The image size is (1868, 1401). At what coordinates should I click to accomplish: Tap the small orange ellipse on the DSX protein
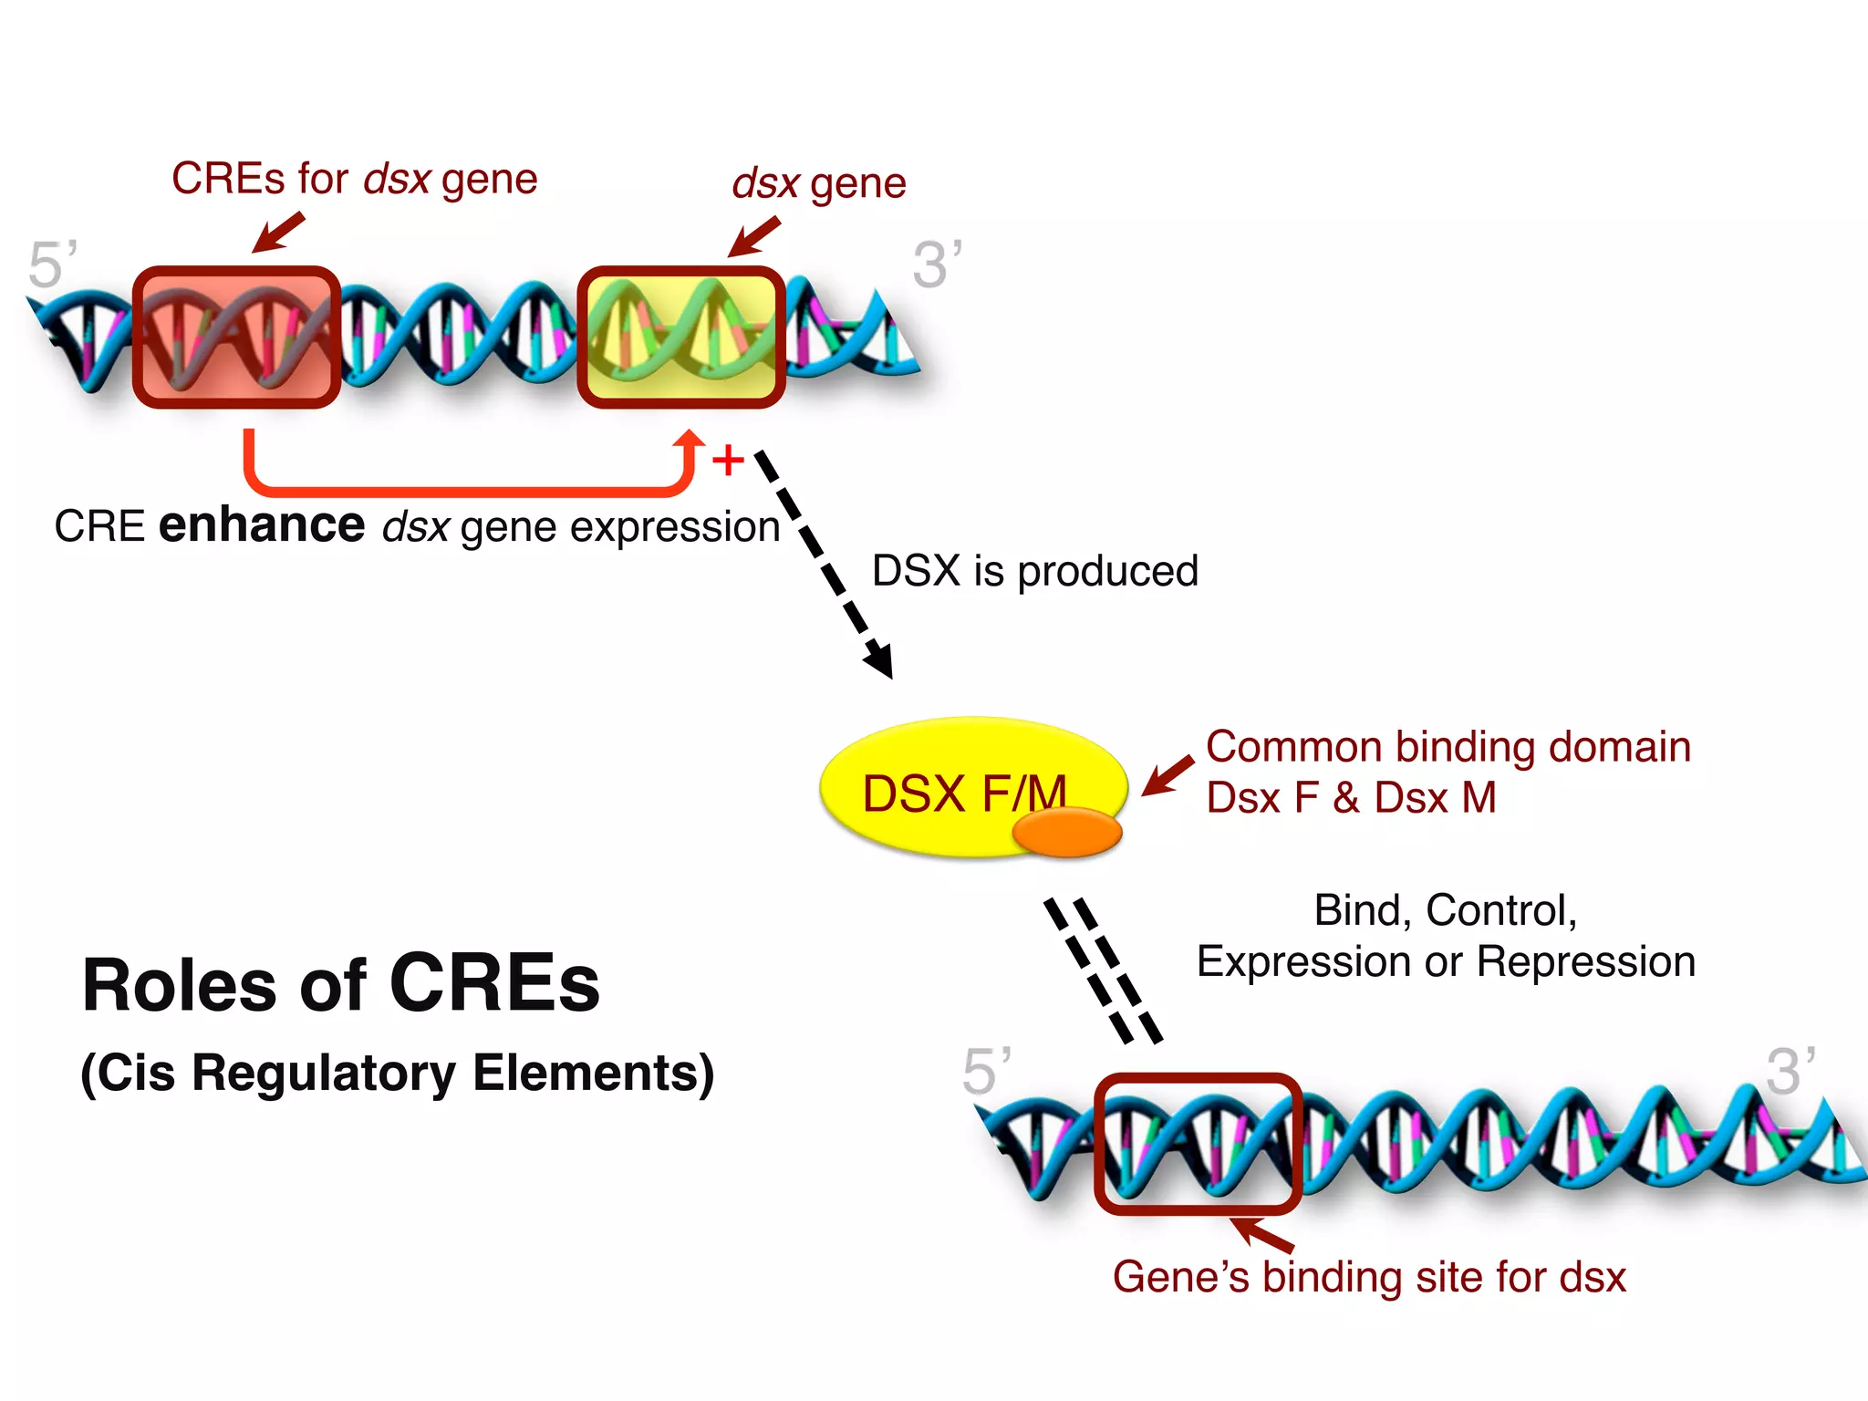point(1066,833)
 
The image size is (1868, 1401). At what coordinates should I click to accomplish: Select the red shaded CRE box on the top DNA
point(237,337)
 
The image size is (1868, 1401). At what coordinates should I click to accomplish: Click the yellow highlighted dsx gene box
point(681,337)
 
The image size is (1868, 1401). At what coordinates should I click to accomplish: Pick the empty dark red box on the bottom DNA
point(1198,1144)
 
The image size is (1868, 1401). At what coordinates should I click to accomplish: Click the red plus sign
point(728,461)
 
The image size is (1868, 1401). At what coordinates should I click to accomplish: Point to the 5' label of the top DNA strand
point(52,265)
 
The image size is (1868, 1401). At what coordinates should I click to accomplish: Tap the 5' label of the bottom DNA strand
point(986,1071)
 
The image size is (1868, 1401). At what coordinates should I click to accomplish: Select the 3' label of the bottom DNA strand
point(1790,1071)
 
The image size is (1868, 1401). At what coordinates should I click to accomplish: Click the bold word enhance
point(261,525)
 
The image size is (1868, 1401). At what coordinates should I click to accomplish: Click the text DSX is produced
point(1034,571)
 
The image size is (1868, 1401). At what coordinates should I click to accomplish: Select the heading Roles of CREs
point(341,985)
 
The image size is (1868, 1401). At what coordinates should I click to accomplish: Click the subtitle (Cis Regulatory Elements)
point(398,1073)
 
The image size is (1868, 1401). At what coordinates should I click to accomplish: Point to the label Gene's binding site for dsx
point(1368,1277)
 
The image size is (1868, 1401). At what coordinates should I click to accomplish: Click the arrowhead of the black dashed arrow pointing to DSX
point(880,661)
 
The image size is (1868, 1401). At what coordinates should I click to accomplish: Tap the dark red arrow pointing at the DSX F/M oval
point(1167,776)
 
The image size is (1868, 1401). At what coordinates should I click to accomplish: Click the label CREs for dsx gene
point(354,179)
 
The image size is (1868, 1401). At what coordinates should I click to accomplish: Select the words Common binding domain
point(1448,747)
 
